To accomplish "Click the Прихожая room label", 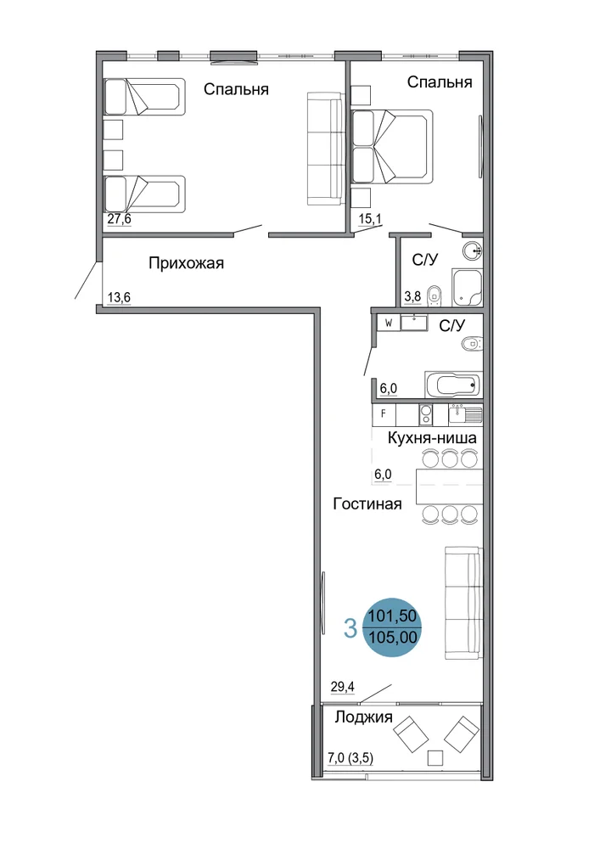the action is point(186,264).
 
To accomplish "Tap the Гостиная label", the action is point(367,504).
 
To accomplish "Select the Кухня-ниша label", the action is point(432,437).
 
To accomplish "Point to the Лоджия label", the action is point(363,717).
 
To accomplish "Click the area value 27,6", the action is point(119,219).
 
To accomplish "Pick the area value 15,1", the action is point(370,219).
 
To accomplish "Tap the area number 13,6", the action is point(119,298).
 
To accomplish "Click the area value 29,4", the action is point(343,687).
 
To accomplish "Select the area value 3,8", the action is point(412,296).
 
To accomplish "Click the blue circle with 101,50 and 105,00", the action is point(392,627).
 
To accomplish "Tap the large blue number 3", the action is point(350,628).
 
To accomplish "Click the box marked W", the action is point(389,323).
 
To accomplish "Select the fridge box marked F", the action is point(384,414).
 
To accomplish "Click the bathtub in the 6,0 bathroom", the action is point(453,385).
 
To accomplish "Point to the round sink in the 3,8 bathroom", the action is point(473,250).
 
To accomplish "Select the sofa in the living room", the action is point(463,603).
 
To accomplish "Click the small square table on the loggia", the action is point(435,758).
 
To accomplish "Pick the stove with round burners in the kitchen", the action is point(426,415).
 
